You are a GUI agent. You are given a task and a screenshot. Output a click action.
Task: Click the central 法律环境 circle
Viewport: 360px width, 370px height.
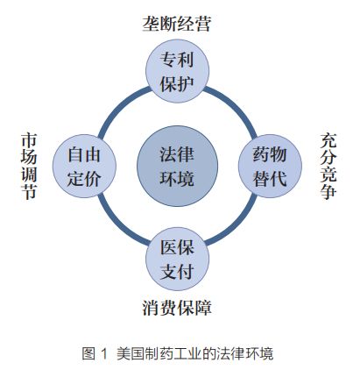[177, 166]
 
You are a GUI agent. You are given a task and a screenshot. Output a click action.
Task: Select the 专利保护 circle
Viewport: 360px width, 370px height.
[177, 71]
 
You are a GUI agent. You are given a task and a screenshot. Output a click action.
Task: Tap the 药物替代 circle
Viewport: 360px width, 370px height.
[270, 166]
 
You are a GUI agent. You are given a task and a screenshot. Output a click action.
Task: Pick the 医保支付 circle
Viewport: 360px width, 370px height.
[177, 259]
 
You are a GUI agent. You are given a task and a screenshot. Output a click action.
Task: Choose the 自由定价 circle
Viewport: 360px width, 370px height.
[84, 166]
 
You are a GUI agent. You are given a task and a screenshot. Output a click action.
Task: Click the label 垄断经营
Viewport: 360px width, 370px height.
[177, 24]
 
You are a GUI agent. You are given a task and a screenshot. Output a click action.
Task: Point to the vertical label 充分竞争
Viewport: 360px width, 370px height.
[328, 166]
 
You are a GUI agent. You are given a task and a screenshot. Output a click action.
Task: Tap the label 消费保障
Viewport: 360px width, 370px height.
[177, 308]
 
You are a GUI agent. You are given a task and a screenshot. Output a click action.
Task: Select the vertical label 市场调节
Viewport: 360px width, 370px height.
[29, 166]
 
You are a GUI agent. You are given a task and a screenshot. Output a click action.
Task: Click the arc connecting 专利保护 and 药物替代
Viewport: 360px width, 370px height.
[236, 106]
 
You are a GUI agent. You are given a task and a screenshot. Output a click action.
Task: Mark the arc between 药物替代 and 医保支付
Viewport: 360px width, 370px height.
[237, 224]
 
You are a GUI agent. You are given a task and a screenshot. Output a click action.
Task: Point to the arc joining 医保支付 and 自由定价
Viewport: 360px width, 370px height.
[118, 225]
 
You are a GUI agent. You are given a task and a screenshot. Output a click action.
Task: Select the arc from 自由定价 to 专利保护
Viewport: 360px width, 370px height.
[118, 106]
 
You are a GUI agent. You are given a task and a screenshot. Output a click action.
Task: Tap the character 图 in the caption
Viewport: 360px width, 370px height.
[88, 353]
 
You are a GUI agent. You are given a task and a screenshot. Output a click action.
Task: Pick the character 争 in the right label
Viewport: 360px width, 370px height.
[328, 192]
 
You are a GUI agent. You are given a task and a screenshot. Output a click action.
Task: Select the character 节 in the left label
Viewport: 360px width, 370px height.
[29, 192]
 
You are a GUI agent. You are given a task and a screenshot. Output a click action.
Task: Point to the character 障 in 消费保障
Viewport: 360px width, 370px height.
[203, 308]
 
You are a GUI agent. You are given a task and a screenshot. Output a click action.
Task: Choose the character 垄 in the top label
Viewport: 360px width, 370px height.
[151, 24]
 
